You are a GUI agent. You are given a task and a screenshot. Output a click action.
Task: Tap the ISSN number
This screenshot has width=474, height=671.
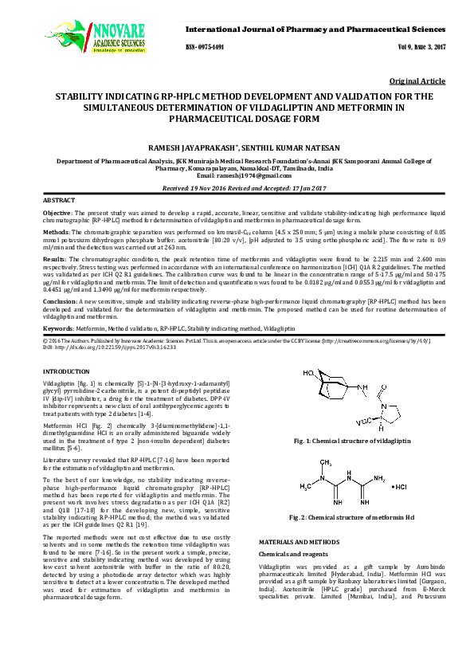pyautogui.click(x=205, y=47)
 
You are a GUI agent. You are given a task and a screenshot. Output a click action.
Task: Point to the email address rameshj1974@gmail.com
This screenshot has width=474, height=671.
pyautogui.click(x=237, y=175)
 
